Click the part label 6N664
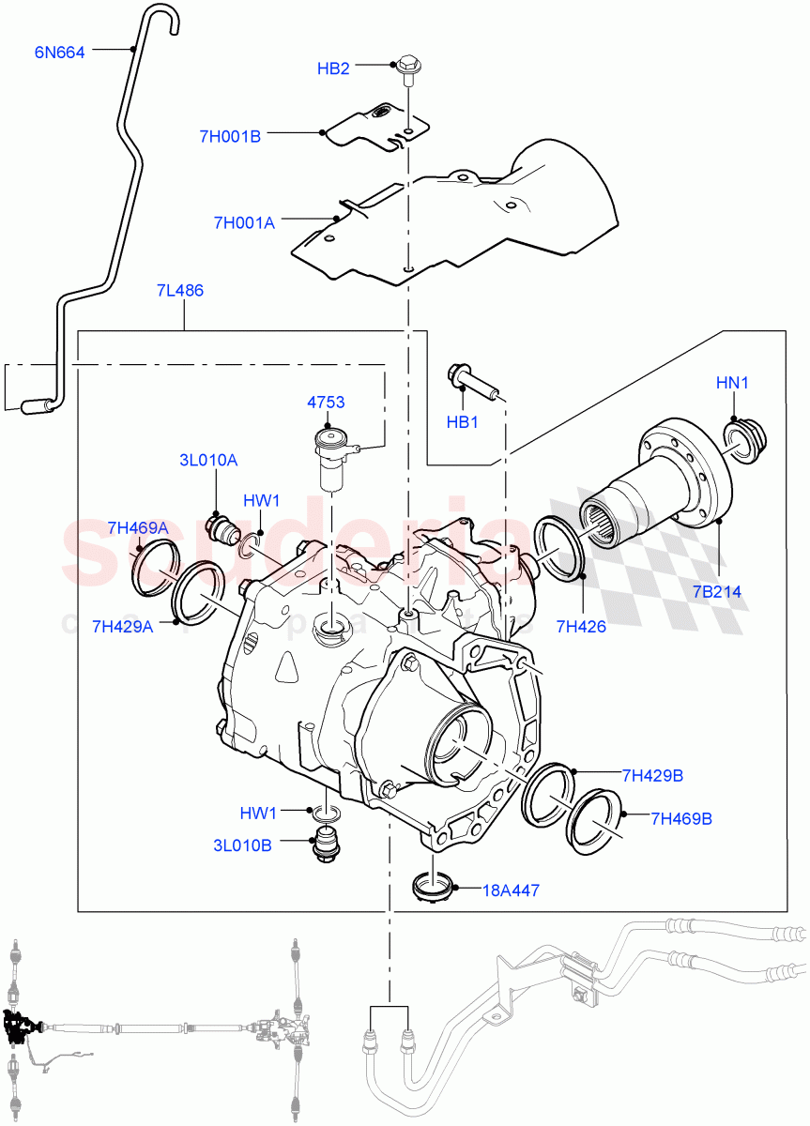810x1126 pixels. pos(60,53)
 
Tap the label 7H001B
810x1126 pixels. pos(229,136)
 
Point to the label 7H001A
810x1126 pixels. pos(244,222)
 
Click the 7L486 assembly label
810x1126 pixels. pos(180,291)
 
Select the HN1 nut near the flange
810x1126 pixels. pos(745,438)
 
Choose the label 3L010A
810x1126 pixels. pos(208,460)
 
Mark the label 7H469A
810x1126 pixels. pos(137,528)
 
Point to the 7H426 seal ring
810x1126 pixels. pos(560,547)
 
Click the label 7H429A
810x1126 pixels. pos(122,626)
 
